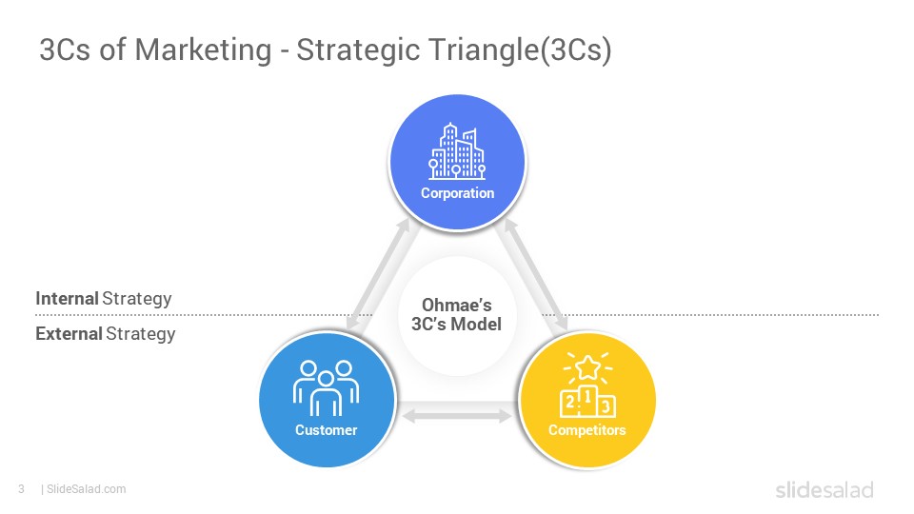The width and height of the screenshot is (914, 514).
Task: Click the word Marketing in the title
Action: (204, 50)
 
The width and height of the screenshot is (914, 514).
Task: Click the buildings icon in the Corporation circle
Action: (457, 151)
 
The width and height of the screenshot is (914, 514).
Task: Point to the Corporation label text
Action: (458, 193)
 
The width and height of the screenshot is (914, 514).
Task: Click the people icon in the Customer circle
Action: (326, 387)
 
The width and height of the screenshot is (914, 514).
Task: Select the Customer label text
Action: (326, 430)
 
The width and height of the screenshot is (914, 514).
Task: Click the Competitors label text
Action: (587, 430)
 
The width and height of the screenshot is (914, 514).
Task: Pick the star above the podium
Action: (587, 367)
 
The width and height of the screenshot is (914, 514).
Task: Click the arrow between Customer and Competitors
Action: (457, 416)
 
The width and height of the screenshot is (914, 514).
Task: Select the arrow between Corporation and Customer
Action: (378, 274)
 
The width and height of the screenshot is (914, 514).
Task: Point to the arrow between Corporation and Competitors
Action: (536, 274)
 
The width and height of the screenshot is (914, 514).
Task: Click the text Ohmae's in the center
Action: (456, 306)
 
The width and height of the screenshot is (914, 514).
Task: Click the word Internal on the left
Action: (67, 298)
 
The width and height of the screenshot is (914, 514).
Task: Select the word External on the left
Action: (69, 334)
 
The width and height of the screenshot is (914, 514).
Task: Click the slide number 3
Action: (22, 489)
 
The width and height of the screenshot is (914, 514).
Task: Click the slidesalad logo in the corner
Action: (825, 489)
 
